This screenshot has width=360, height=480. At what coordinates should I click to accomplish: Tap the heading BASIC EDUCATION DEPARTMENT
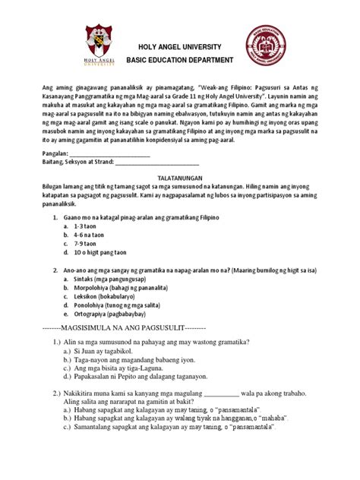(x=180, y=59)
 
